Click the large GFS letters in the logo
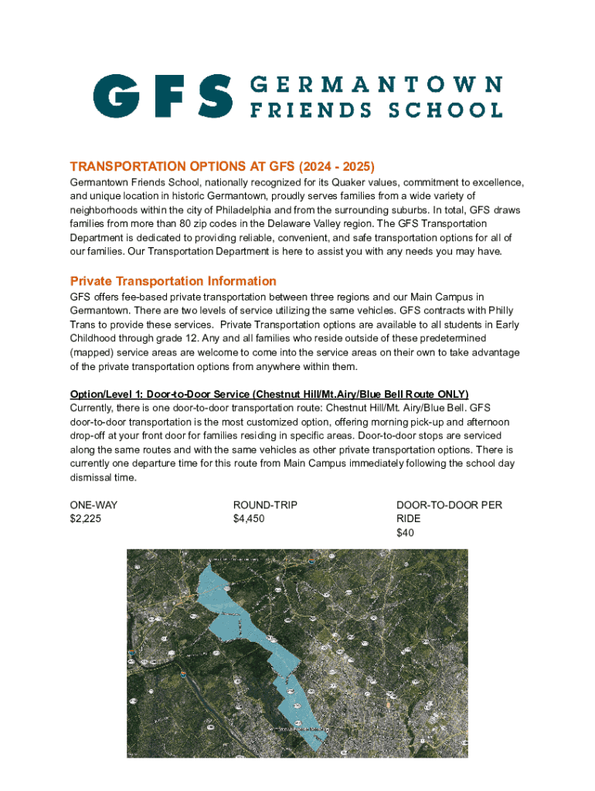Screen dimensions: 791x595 162,96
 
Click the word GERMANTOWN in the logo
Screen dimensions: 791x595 376,83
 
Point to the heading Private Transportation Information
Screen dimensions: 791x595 173,281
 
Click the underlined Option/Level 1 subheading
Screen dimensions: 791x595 269,394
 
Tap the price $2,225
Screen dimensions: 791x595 86,519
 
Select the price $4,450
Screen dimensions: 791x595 249,519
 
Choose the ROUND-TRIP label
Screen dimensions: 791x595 265,505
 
